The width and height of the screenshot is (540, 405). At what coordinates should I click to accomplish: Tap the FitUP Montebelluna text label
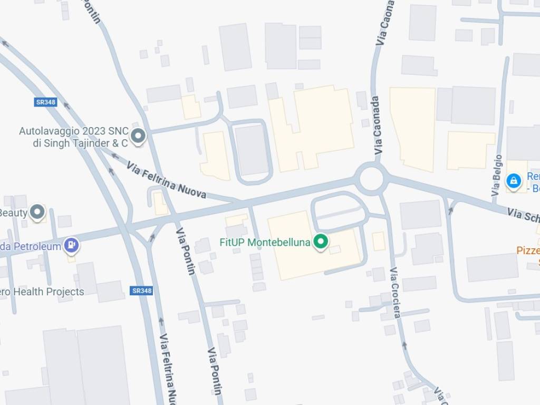click(265, 243)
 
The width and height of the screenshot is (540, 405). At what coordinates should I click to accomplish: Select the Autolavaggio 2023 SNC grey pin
click(138, 137)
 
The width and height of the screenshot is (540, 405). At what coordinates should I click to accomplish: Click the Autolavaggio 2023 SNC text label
click(73, 137)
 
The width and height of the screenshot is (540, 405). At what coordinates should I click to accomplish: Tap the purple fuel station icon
click(71, 245)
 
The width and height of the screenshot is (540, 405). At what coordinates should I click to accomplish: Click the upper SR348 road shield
click(46, 102)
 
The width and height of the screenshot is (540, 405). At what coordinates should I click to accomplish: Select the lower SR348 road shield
click(142, 291)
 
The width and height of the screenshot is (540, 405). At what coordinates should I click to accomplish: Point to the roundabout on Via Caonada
click(371, 179)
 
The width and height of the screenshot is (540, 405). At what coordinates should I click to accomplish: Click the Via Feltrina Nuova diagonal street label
click(166, 180)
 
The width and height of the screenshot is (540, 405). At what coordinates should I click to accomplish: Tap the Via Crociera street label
click(396, 293)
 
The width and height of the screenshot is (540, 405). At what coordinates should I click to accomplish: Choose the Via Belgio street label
click(497, 176)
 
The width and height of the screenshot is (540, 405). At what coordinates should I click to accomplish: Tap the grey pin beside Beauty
click(37, 213)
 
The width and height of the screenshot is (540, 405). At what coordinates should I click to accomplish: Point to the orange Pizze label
click(528, 250)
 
